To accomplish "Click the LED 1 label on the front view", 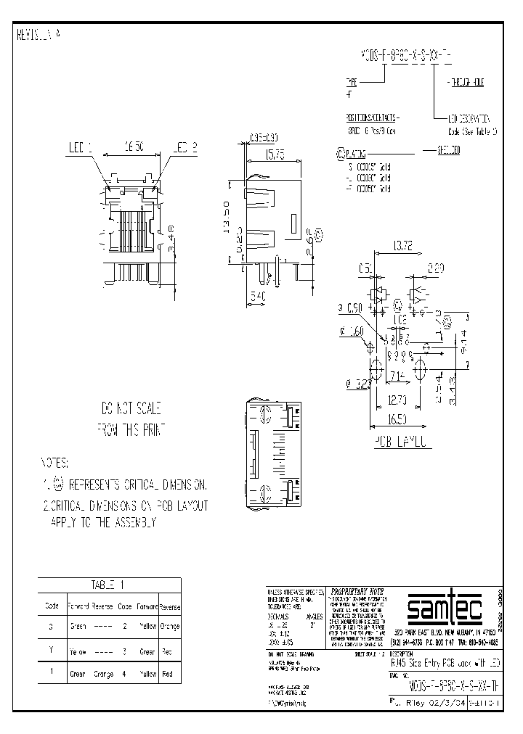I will tap(79, 148).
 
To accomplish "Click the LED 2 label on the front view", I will tap(185, 148).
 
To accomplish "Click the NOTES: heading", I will tap(54, 462).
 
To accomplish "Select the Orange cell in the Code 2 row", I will tap(169, 626).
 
